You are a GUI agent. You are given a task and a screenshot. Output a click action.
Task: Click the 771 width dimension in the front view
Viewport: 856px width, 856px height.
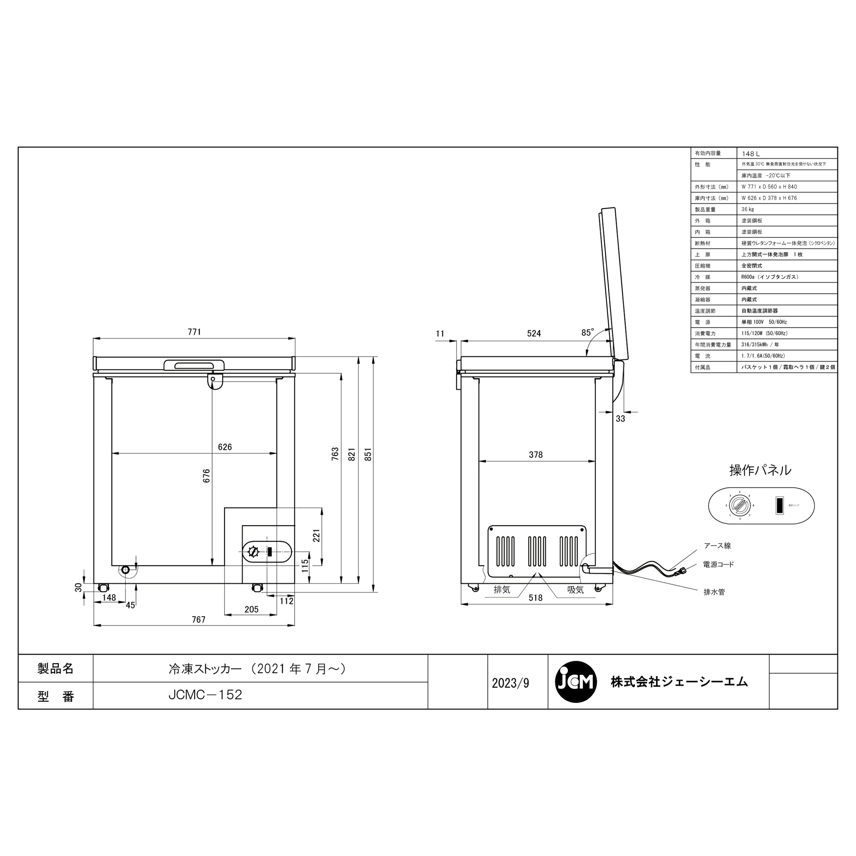[194, 332]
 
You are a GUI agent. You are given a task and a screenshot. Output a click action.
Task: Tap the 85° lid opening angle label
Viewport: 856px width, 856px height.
[587, 332]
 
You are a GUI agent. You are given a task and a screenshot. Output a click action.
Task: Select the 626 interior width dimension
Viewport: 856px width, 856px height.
[225, 447]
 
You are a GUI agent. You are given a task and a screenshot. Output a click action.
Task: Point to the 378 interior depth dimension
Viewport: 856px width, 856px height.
[536, 455]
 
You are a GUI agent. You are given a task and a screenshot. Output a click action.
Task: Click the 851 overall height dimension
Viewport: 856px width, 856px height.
[368, 454]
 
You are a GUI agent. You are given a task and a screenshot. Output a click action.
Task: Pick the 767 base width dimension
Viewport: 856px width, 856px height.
[199, 620]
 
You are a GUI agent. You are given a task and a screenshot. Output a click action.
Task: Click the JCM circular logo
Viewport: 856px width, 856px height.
[576, 682]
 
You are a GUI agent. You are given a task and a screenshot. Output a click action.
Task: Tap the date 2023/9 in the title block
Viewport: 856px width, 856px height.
[510, 683]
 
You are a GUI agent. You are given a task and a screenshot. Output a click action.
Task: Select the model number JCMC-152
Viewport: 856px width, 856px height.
[205, 695]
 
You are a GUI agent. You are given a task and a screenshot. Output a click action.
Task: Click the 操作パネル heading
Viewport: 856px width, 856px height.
[760, 470]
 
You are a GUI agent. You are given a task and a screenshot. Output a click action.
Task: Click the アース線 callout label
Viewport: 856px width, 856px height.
[717, 546]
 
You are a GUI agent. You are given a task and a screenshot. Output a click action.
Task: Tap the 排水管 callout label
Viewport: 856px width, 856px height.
[714, 592]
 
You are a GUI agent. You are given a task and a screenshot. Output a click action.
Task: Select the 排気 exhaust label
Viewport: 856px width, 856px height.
[502, 590]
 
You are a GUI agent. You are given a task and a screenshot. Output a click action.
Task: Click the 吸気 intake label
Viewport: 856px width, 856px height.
[576, 590]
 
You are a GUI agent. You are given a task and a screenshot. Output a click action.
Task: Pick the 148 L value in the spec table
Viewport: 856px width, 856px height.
[751, 154]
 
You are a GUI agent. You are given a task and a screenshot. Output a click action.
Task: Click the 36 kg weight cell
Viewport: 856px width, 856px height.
[748, 209]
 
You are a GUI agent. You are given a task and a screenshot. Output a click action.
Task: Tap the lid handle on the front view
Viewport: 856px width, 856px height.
[194, 365]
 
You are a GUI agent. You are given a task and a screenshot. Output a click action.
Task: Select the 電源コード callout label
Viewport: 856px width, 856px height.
[718, 565]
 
